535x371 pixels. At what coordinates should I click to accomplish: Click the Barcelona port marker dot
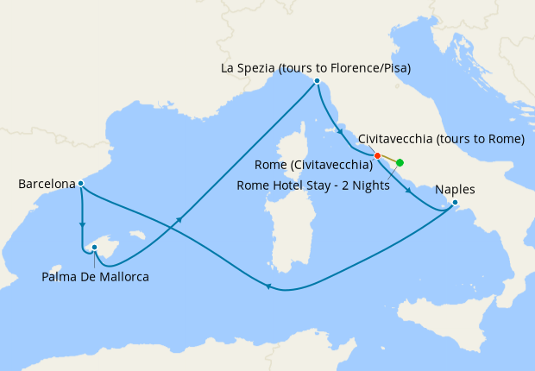(80, 183)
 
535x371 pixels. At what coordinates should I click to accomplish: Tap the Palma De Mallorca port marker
(95, 248)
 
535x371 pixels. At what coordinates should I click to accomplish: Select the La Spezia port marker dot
(318, 81)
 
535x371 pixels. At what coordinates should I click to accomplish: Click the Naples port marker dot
(456, 204)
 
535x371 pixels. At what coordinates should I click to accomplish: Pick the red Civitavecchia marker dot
(377, 156)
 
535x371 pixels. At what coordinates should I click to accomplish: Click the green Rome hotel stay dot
(400, 162)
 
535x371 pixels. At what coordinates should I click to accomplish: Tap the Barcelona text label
(45, 184)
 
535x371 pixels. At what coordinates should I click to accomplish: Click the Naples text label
(455, 190)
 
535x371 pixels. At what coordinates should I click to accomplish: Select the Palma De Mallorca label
(95, 277)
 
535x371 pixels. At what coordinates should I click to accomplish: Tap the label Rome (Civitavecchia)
(314, 164)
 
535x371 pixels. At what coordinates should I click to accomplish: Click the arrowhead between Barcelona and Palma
(83, 226)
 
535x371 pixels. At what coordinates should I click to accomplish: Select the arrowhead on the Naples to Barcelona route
(269, 288)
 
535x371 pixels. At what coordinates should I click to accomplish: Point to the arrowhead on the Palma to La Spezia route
(179, 221)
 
